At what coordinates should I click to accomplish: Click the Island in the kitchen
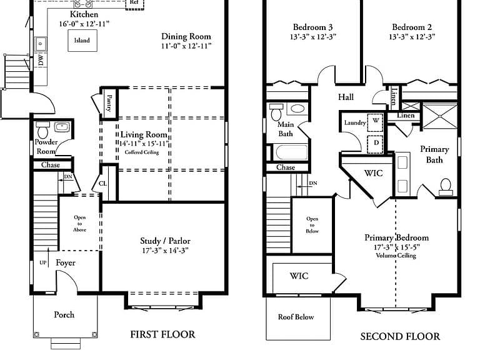[x=82, y=41]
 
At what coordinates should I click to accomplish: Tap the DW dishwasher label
[x=41, y=60]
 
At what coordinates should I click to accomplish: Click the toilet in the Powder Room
[x=42, y=131]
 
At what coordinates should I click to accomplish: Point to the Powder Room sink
[x=62, y=127]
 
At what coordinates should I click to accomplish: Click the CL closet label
[x=103, y=183]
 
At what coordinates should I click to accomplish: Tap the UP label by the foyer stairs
[x=43, y=262]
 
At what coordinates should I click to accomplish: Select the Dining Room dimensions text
[x=186, y=46]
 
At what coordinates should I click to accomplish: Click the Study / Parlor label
[x=165, y=241]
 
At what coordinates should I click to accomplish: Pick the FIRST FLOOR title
[x=162, y=334]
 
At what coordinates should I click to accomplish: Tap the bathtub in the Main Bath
[x=291, y=152]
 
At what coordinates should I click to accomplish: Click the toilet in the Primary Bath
[x=446, y=187]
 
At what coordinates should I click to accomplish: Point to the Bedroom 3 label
[x=312, y=27]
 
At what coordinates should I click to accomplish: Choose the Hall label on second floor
[x=346, y=97]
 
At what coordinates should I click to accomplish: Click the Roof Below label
[x=296, y=317]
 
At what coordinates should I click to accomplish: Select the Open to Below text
[x=312, y=225]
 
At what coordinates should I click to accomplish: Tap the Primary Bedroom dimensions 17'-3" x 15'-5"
[x=397, y=247]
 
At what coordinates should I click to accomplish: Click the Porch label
[x=64, y=315]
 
